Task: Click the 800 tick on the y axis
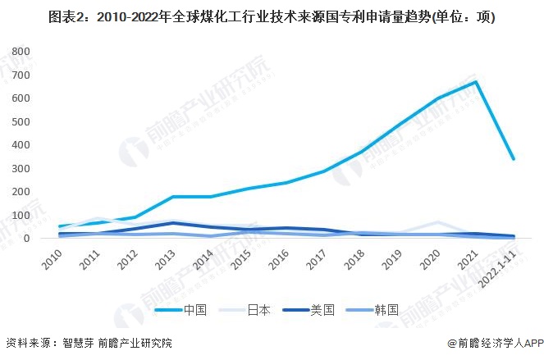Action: point(20,52)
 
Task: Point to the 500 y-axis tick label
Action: point(20,121)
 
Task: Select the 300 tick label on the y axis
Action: point(20,168)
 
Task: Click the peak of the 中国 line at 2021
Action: point(476,81)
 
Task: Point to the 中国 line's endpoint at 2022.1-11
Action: point(514,159)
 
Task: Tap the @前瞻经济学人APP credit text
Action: point(492,344)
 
